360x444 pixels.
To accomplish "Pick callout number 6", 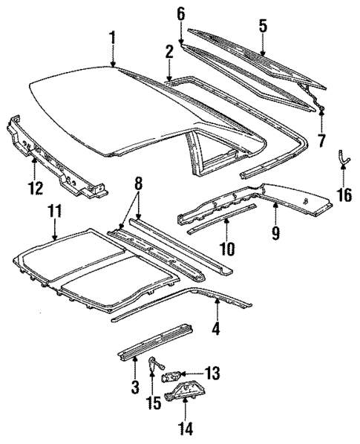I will (x=180, y=13).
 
